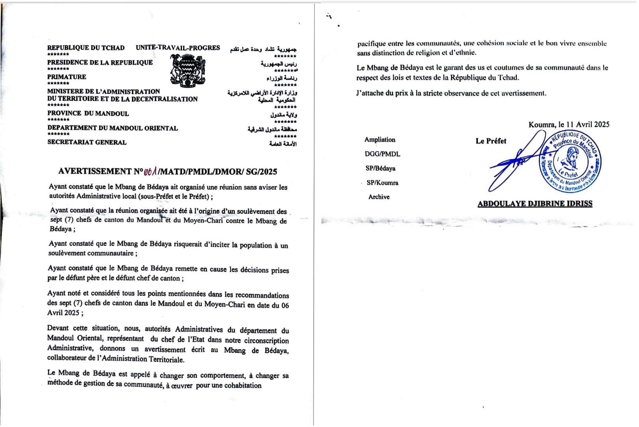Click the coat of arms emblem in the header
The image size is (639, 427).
point(188,71)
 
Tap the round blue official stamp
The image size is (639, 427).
point(570,162)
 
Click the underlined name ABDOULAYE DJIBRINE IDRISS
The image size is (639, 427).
point(535,204)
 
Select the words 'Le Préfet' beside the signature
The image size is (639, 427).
point(490,141)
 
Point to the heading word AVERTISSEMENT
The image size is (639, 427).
point(95,171)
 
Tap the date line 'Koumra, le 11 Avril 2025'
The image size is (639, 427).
point(568,124)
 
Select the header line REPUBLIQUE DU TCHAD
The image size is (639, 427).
point(86,48)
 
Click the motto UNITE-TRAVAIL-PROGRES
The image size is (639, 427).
point(178,48)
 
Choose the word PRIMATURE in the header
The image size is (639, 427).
point(67,77)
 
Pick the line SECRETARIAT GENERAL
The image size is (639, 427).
point(87,142)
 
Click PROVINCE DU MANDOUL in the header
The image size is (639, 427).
point(88,113)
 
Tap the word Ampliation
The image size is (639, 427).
point(379,139)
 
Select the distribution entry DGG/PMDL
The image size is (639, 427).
point(382,154)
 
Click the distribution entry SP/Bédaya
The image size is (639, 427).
point(380,168)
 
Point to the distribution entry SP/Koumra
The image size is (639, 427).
point(382,183)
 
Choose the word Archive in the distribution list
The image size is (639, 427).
point(379,197)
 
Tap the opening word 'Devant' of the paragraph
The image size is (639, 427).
point(58,328)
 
